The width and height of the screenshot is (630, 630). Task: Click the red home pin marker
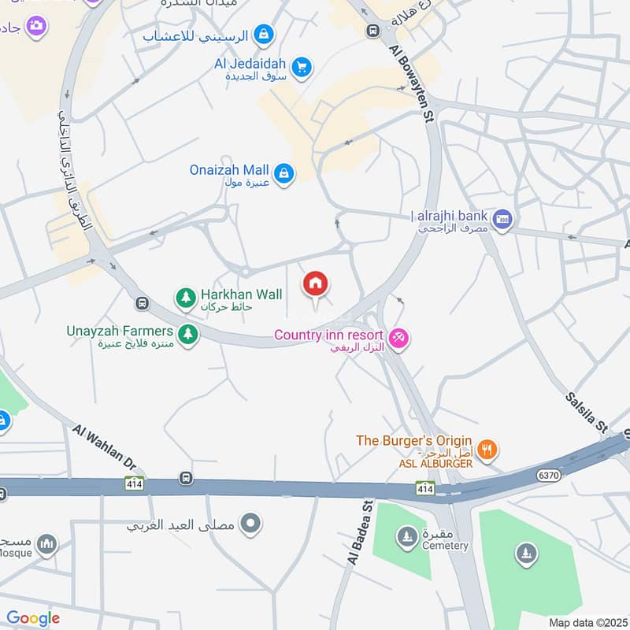pyautogui.click(x=316, y=284)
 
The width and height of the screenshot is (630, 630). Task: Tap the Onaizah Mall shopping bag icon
pyautogui.click(x=284, y=173)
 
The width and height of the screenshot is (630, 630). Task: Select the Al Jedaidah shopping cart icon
pyautogui.click(x=301, y=69)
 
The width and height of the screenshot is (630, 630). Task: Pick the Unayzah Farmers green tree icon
pyautogui.click(x=187, y=335)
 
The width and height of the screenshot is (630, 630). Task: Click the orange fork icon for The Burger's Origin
pyautogui.click(x=488, y=449)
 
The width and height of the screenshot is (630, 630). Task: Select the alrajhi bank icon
pyautogui.click(x=502, y=218)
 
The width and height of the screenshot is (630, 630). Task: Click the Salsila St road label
pyautogui.click(x=587, y=413)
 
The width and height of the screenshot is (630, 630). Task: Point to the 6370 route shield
pyautogui.click(x=549, y=475)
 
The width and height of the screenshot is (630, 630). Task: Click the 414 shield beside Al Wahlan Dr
pyautogui.click(x=133, y=483)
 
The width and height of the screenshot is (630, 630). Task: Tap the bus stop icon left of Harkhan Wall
pyautogui.click(x=142, y=302)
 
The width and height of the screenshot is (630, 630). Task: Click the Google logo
pyautogui.click(x=33, y=618)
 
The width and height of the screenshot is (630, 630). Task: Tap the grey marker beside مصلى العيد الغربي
pyautogui.click(x=251, y=523)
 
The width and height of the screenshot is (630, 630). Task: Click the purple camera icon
pyautogui.click(x=35, y=26)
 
